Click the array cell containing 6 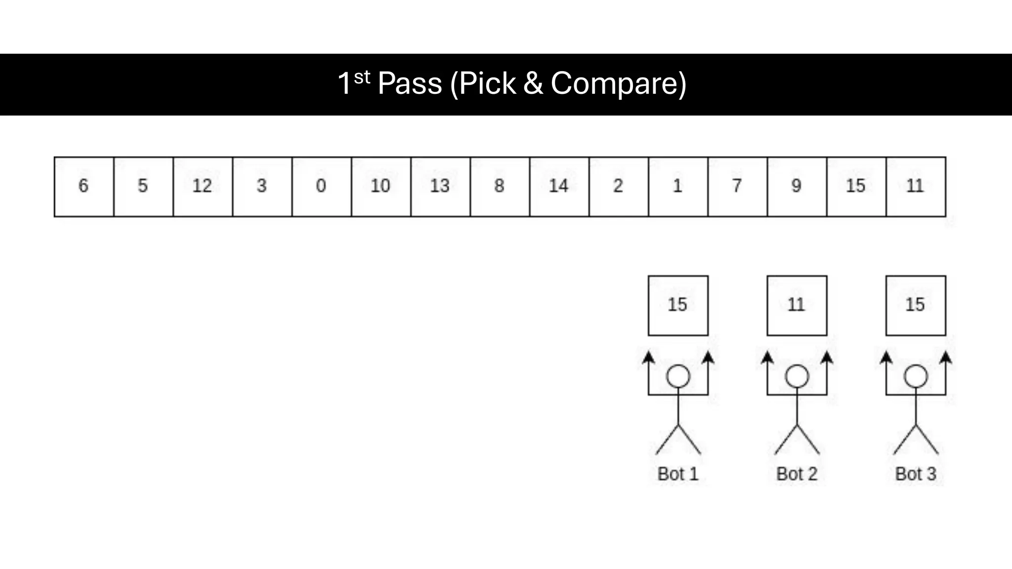click(x=84, y=187)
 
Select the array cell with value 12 click(x=203, y=187)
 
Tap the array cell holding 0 click(x=322, y=187)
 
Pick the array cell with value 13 click(x=440, y=187)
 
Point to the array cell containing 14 click(x=559, y=187)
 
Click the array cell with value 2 click(x=619, y=187)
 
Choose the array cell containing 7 click(x=737, y=187)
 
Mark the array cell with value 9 click(x=797, y=187)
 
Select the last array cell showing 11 click(x=916, y=187)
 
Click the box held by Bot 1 click(x=678, y=305)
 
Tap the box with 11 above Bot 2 click(x=797, y=305)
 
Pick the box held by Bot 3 click(x=916, y=305)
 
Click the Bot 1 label click(x=678, y=474)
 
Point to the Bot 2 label click(x=797, y=474)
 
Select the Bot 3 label click(x=916, y=474)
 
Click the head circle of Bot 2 click(x=797, y=376)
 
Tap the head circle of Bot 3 click(x=916, y=376)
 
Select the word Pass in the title click(x=410, y=83)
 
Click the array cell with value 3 click(x=262, y=187)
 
